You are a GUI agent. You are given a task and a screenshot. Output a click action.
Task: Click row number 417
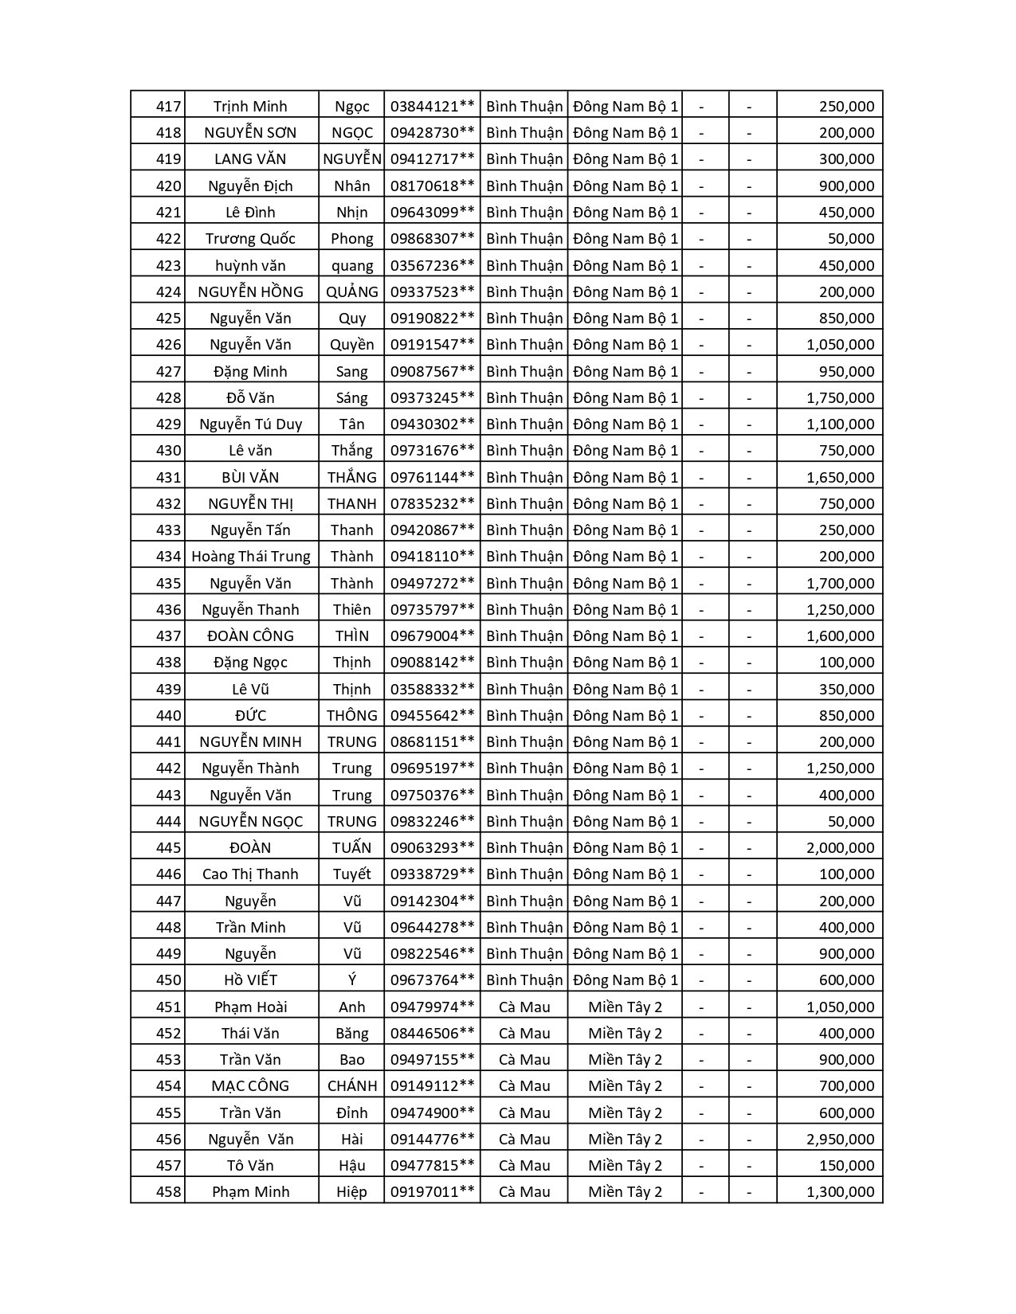coord(168,107)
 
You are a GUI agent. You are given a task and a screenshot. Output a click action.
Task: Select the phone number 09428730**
coord(432,133)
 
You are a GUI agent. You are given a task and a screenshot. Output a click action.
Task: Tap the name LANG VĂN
coord(250,159)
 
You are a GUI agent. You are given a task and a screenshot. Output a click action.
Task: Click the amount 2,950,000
coord(840,1140)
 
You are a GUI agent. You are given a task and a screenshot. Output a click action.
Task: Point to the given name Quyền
coord(351,345)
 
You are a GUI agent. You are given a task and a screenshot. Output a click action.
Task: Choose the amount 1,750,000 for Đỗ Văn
coord(840,398)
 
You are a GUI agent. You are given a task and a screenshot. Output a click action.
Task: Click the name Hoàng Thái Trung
coord(250,557)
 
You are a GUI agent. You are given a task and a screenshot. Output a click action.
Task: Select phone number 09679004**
coord(432,636)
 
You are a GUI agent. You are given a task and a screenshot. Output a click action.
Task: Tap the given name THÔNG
coord(351,716)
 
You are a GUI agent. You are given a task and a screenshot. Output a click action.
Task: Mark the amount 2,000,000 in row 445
coord(840,848)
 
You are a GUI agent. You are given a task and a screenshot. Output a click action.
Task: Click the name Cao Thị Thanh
coord(250,874)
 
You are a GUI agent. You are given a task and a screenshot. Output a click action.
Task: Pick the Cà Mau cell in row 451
coord(524,1007)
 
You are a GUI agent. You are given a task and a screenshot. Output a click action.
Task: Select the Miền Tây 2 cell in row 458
coord(625,1192)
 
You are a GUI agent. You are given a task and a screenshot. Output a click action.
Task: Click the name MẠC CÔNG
coord(250,1086)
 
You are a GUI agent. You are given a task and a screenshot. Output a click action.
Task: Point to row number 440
coord(168,716)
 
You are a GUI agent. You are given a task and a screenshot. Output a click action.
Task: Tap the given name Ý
coord(351,980)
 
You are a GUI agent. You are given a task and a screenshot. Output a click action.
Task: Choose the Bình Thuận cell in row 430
coord(524,451)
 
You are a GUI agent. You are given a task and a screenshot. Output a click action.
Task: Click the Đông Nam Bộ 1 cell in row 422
coord(625,239)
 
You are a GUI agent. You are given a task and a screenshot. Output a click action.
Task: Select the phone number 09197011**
coord(432,1192)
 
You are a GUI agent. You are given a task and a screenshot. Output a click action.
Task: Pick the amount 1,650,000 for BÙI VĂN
coord(840,478)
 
